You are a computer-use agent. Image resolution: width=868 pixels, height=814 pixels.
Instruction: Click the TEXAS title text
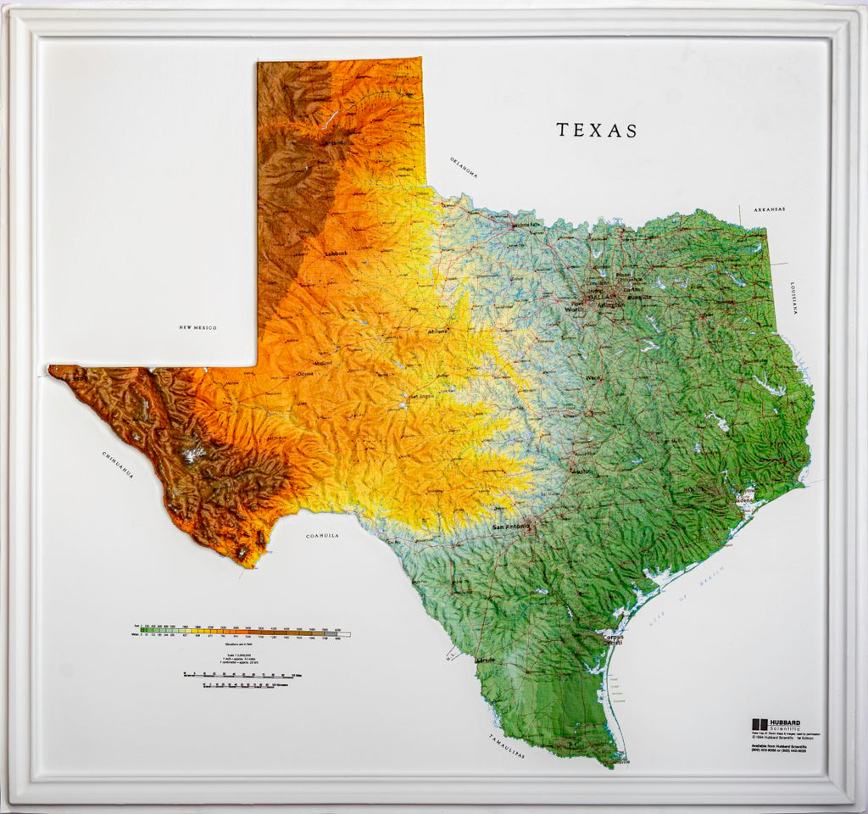597,131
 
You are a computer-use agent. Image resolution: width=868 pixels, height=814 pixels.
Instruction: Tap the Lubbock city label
337,254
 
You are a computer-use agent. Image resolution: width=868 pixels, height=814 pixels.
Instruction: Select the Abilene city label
438,331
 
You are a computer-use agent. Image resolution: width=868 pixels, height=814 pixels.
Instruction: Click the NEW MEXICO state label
198,327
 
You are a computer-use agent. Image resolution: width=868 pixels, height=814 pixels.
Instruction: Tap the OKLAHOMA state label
464,167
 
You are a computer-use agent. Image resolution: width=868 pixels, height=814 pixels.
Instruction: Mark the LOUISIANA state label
794,298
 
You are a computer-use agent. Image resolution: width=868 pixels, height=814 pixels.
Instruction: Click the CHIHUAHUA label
119,466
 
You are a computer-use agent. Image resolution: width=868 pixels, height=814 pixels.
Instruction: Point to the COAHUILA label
322,536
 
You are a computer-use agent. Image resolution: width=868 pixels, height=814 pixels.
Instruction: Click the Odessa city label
304,374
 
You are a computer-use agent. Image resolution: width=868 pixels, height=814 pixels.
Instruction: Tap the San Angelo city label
422,395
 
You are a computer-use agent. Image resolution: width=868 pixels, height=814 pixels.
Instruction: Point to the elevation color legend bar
243,633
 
